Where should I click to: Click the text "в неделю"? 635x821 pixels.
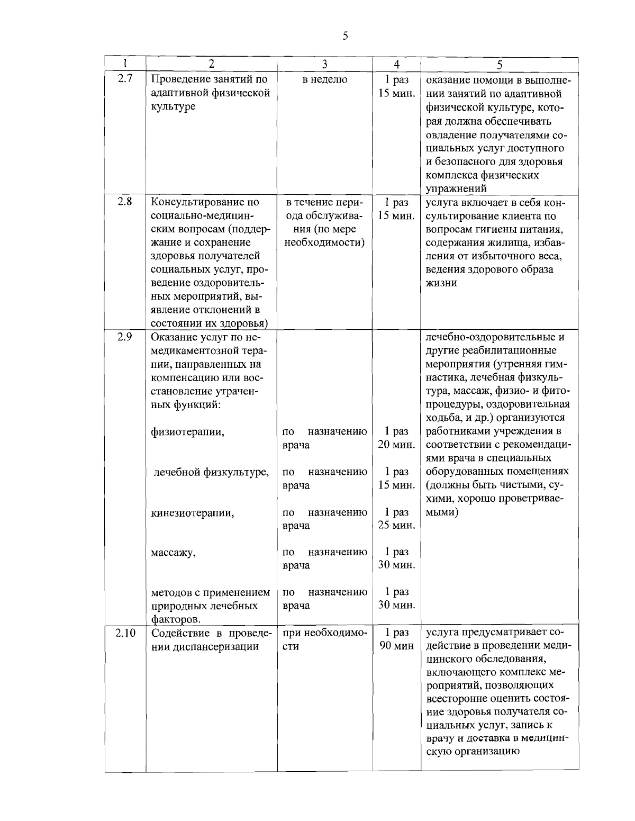coord(325,80)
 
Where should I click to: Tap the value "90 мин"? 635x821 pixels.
coord(396,646)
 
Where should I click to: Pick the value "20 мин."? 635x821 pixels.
coord(396,445)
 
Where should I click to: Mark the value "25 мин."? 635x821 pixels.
coord(396,526)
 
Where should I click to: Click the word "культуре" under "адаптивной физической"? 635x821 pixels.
coord(173,106)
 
